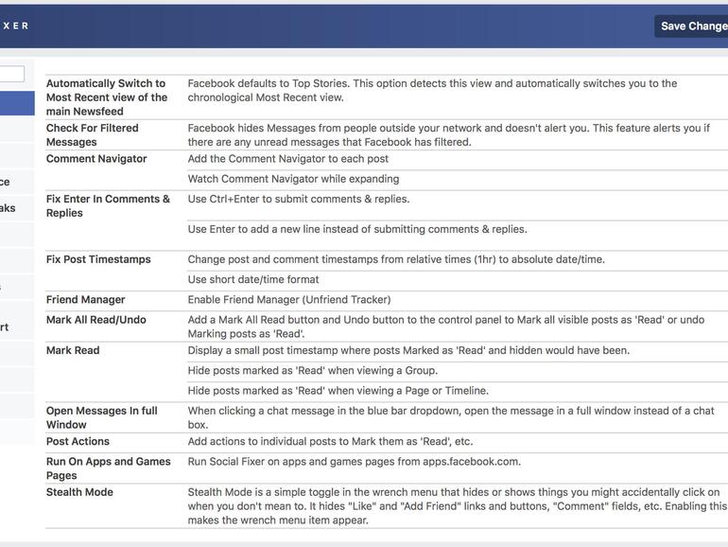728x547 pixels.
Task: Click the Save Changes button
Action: tap(692, 26)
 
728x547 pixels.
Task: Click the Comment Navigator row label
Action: tap(96, 159)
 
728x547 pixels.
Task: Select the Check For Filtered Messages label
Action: tap(93, 134)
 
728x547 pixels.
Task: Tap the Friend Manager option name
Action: tap(86, 300)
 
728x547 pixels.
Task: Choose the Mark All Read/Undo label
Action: tap(96, 320)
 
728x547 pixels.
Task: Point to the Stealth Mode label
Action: tap(79, 492)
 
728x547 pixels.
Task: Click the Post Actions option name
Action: tap(78, 441)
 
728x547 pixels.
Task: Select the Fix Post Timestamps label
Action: tap(98, 259)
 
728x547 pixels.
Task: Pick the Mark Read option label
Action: tap(73, 350)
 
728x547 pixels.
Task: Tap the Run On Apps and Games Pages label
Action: tap(108, 468)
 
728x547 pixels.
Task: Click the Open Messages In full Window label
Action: tap(102, 417)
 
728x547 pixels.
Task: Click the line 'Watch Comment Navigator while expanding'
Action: tap(293, 179)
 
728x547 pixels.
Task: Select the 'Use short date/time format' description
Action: tap(253, 279)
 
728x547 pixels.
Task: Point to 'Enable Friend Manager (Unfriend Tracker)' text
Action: tap(289, 300)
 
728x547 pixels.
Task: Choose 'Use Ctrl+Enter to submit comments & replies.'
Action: tap(299, 199)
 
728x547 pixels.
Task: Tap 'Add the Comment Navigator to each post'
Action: tap(288, 159)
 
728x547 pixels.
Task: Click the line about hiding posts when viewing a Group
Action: tap(313, 370)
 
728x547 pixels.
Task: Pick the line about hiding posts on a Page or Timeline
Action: tap(338, 391)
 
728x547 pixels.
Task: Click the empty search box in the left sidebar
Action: tap(11, 74)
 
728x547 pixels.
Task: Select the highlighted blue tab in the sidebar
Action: tap(16, 102)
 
